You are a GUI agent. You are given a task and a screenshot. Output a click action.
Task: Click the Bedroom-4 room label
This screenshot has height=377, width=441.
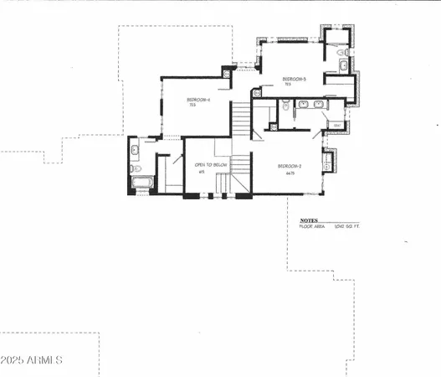198,100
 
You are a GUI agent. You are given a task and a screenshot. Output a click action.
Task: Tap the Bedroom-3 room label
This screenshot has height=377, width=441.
294,79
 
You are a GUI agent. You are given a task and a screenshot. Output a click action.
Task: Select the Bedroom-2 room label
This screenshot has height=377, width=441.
290,166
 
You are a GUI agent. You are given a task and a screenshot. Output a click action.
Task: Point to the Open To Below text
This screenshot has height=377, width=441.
211,165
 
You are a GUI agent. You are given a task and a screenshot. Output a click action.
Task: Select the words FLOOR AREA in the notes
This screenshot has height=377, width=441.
311,227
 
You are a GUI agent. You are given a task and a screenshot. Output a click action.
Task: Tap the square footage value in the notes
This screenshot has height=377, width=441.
345,227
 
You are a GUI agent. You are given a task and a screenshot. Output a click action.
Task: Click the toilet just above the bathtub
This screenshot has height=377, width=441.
136,167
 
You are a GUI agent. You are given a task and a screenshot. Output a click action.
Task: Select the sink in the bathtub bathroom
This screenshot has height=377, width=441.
135,152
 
